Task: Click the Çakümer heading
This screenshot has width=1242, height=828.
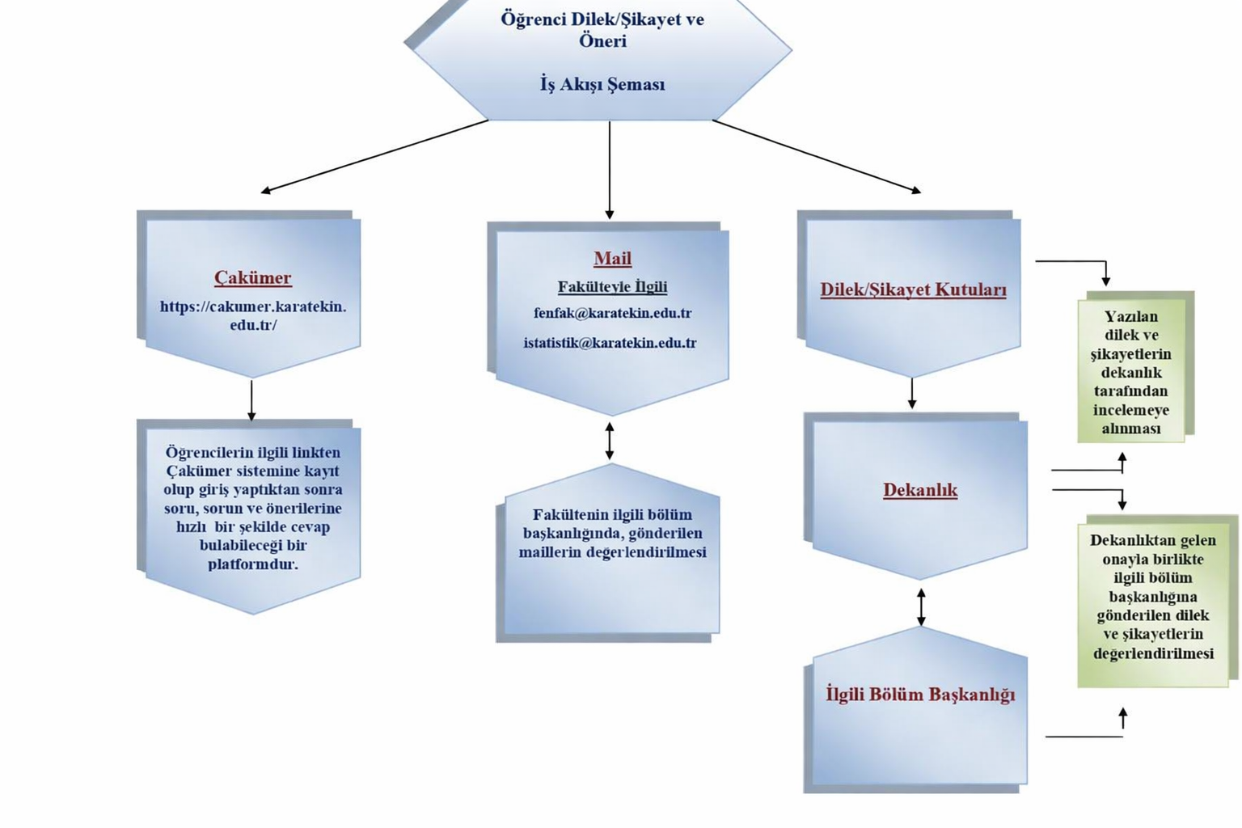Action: [252, 277]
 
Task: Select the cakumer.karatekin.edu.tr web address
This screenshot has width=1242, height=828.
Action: [253, 315]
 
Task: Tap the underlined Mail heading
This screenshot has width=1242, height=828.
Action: [612, 259]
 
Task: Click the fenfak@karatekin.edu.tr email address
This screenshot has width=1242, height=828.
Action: [612, 313]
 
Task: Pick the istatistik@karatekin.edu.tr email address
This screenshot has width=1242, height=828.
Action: [610, 343]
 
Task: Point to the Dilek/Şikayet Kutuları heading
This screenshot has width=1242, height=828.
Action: [913, 289]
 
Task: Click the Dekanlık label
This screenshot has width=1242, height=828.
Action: [920, 490]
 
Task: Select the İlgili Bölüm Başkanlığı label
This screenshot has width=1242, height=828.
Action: [920, 695]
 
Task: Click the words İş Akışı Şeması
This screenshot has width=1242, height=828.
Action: [602, 84]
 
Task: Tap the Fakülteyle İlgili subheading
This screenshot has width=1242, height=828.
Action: [612, 286]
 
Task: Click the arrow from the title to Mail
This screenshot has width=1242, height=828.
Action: [610, 170]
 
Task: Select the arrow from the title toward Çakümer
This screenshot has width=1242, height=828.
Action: [374, 156]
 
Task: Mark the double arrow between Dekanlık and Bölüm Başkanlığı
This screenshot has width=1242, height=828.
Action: [921, 606]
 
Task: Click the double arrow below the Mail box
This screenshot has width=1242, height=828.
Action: [610, 441]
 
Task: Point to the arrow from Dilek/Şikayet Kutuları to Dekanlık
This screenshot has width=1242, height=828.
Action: [912, 394]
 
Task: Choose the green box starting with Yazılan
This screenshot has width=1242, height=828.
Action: [1131, 372]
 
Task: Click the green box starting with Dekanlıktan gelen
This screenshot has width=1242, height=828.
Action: [1153, 597]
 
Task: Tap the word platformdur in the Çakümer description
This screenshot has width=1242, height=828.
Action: [252, 564]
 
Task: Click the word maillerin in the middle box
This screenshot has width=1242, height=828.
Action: [550, 552]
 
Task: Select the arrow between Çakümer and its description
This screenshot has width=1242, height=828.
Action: [251, 400]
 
